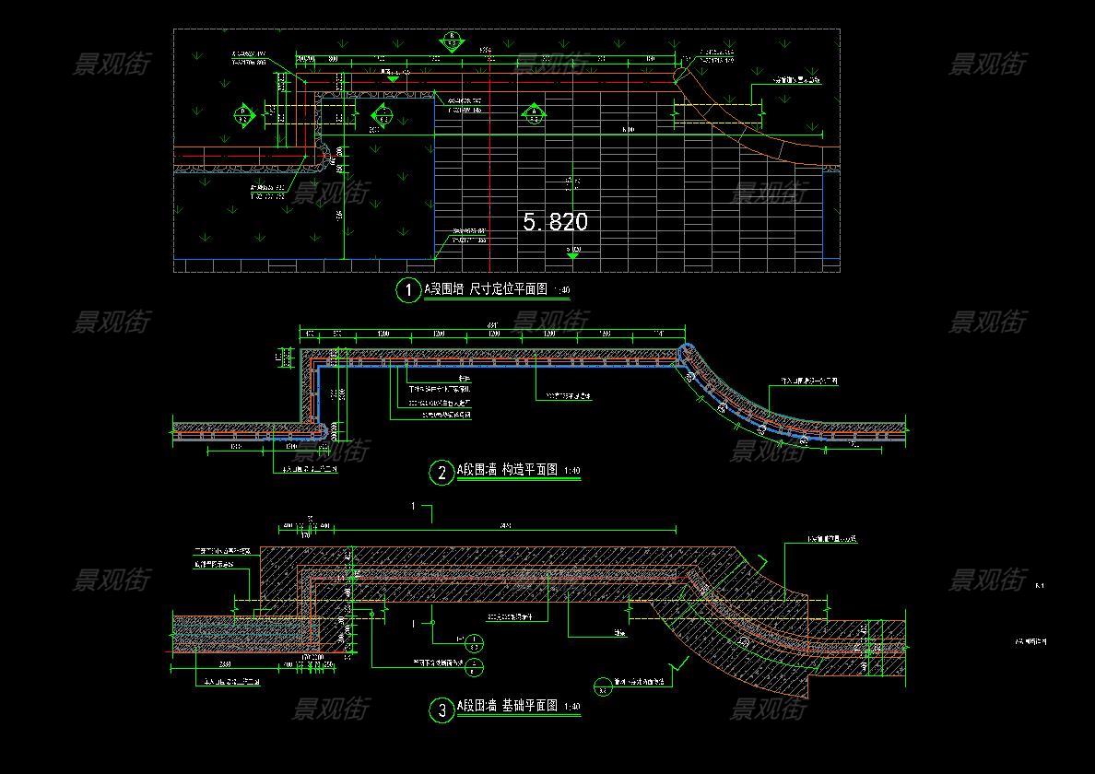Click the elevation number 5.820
click(x=555, y=222)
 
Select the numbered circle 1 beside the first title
click(x=407, y=290)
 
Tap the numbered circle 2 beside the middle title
click(x=442, y=473)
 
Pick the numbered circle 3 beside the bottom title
click(x=442, y=709)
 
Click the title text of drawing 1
click(x=486, y=290)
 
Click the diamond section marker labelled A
click(x=533, y=114)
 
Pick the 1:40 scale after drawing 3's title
click(x=571, y=708)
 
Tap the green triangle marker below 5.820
click(x=572, y=255)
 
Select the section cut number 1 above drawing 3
click(x=414, y=506)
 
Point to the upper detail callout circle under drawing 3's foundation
click(x=474, y=641)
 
